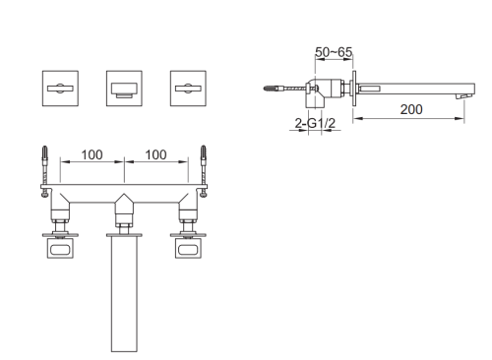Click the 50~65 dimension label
click(x=334, y=52)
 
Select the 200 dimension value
click(x=411, y=109)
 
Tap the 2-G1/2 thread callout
click(x=315, y=123)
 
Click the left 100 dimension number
click(x=92, y=154)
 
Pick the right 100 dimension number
click(x=155, y=154)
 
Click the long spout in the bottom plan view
click(x=124, y=294)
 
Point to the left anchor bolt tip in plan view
click(x=44, y=147)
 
